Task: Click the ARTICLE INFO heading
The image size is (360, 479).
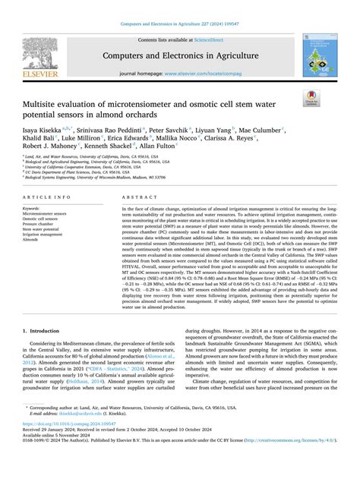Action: point(45,196)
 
